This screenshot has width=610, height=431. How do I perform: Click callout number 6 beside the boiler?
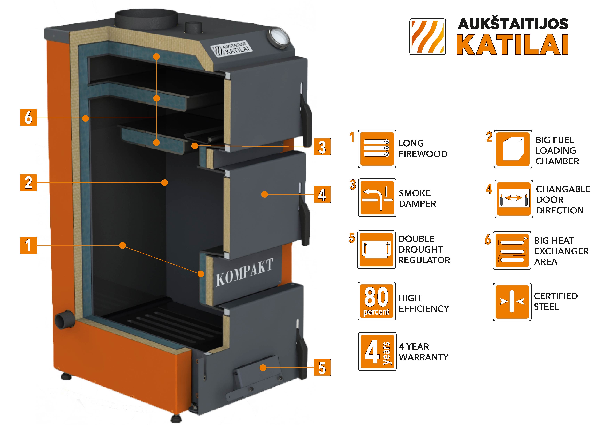28,117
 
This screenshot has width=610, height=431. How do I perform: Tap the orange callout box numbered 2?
28,183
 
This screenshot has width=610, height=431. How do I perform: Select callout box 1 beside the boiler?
28,245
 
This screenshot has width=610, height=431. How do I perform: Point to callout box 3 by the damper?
322,147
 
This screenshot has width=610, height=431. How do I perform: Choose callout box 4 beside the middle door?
322,194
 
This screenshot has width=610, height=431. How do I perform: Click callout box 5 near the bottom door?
322,368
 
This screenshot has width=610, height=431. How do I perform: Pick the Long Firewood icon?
377,149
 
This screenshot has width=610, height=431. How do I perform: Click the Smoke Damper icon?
377,198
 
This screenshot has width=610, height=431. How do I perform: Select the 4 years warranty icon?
377,352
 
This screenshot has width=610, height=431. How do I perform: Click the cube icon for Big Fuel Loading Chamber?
513,149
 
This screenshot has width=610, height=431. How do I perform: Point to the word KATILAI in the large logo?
512,45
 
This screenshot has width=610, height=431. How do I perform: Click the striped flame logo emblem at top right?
427,37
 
